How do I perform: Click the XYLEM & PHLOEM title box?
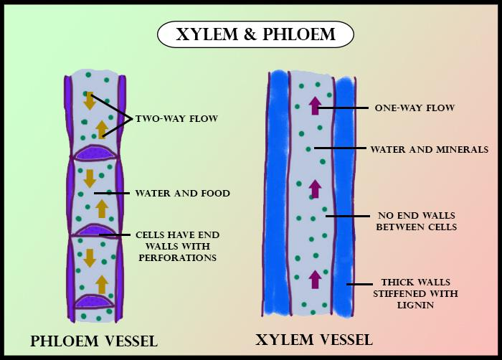click(x=255, y=34)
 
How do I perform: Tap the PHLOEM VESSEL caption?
click(x=94, y=341)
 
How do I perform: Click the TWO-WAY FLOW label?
click(x=176, y=118)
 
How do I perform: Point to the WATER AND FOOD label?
click(x=182, y=193)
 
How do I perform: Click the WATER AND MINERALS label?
click(x=429, y=149)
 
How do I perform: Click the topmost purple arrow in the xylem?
click(x=314, y=106)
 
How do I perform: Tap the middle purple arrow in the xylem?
click(x=314, y=189)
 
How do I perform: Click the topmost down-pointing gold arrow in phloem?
click(x=90, y=101)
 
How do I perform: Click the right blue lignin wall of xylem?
click(x=346, y=194)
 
